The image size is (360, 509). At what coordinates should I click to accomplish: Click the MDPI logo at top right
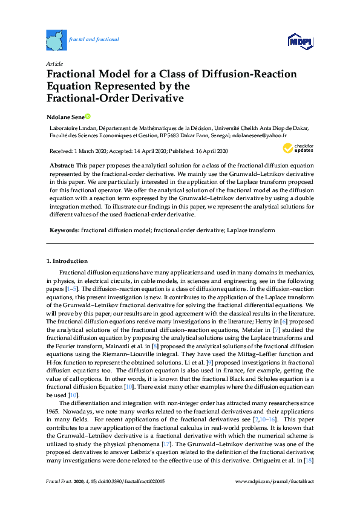(x=299, y=41)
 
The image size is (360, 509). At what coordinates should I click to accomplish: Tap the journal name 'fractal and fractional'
(x=94, y=39)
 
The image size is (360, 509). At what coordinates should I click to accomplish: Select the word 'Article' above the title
(x=54, y=63)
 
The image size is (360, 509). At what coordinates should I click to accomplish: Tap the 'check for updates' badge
(x=297, y=148)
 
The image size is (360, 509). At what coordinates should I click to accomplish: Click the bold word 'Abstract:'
(x=62, y=165)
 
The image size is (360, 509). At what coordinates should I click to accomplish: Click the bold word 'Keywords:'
(x=64, y=230)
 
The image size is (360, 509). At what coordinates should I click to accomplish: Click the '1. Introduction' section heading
(x=67, y=261)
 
